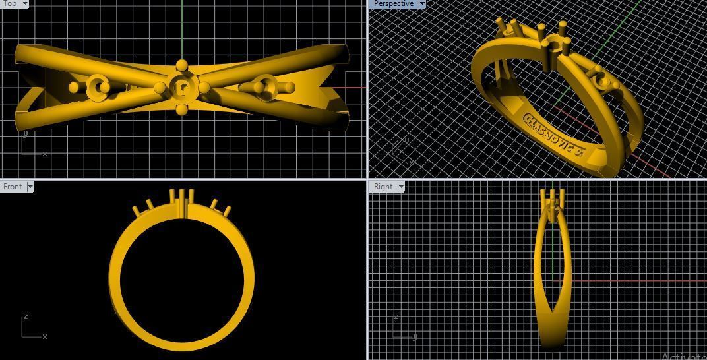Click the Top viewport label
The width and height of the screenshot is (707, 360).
coord(10,4)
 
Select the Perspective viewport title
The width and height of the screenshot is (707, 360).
coord(393,4)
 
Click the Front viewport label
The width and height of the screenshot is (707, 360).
coord(13,187)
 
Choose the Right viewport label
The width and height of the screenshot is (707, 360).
coord(383,187)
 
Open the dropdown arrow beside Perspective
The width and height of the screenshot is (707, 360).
coord(422,4)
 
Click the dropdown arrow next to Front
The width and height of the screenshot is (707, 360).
coord(30,187)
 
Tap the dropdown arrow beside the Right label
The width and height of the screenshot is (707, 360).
coord(400,187)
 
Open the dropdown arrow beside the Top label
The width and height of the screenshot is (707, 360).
coord(25,4)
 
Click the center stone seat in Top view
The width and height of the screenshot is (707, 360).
coord(181,87)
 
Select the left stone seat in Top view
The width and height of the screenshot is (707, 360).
coord(98,86)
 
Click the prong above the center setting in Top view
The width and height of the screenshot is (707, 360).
coord(181,65)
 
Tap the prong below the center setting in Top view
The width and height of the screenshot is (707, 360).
coord(181,109)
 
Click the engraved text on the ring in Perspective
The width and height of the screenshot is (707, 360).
coord(555,136)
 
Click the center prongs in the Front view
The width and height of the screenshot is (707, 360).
coord(181,201)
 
